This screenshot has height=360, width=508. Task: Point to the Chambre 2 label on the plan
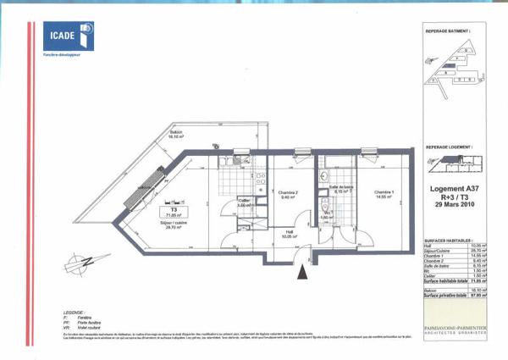(290, 194)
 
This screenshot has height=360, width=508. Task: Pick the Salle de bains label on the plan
(340, 189)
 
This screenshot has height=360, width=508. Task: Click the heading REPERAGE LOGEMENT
(448, 147)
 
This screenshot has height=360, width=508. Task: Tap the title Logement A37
(449, 191)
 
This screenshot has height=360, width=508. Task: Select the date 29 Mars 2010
(449, 208)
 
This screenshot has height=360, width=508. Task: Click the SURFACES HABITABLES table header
(447, 241)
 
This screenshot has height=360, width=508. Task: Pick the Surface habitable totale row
(447, 280)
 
